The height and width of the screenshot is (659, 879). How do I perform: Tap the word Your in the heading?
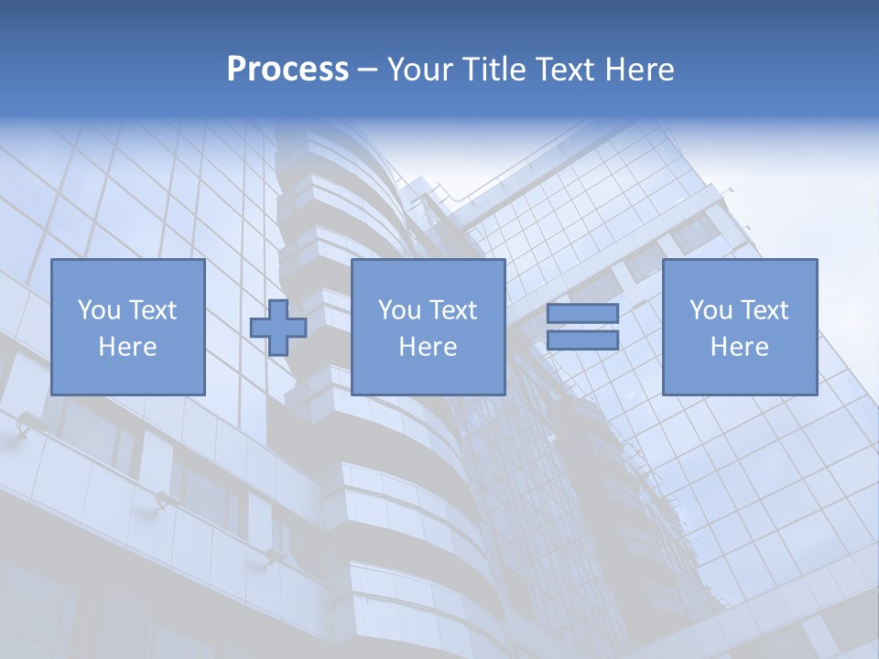pos(422,70)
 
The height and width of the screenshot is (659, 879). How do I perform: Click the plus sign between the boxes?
pos(278,328)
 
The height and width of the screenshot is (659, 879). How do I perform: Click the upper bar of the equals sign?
pos(582,314)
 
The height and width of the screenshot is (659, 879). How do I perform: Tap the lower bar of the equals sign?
pos(582,340)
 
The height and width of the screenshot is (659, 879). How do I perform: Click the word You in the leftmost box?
pos(99,310)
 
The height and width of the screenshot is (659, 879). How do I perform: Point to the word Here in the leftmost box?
pos(127,347)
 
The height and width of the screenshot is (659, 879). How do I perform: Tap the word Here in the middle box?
pos(428,347)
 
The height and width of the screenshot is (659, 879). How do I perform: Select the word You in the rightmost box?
pos(711,310)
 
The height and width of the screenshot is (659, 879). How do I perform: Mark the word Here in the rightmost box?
pos(740,347)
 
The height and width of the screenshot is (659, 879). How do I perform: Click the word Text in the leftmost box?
pos(152,310)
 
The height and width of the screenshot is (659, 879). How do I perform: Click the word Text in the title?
pos(567,70)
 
